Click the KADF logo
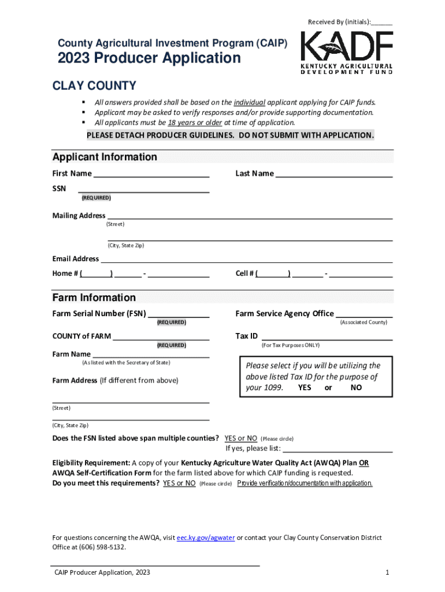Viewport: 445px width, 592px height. [346, 53]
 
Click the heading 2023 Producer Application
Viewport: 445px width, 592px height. [149, 58]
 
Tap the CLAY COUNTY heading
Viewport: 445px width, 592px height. [94, 86]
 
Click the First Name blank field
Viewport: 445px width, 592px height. [151, 173]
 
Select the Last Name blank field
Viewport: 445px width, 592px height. [334, 173]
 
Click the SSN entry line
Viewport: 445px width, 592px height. [143, 188]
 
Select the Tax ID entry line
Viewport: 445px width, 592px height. [327, 336]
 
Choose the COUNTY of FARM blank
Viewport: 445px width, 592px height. [161, 336]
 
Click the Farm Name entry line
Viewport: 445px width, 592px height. [151, 354]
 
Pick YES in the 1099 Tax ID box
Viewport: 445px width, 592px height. [305, 388]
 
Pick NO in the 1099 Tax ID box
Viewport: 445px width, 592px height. [356, 388]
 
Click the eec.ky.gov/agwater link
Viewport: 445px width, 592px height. [205, 538]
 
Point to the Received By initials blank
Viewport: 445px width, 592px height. [381, 23]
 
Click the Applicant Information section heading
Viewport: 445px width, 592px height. [105, 157]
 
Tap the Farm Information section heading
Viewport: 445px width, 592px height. [94, 298]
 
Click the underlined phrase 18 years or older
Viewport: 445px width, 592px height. [195, 123]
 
